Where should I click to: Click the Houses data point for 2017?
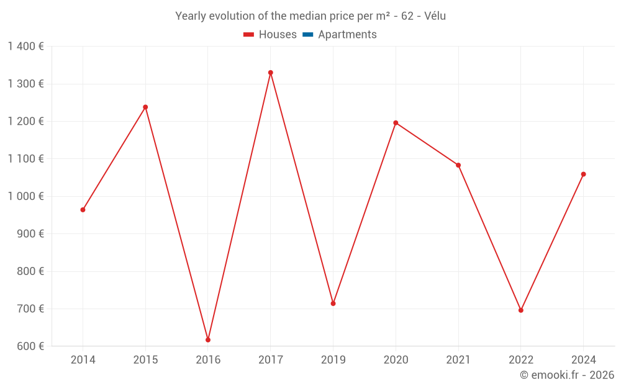click(x=271, y=73)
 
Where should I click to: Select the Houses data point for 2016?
click(x=208, y=340)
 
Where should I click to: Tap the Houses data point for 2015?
click(x=145, y=107)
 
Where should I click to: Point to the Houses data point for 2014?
click(x=83, y=210)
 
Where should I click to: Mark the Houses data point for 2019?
click(x=333, y=304)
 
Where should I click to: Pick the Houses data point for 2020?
click(x=396, y=123)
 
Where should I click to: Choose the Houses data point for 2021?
click(x=458, y=165)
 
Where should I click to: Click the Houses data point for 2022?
click(x=521, y=310)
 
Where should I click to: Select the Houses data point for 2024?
click(x=583, y=174)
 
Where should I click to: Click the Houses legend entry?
click(x=270, y=35)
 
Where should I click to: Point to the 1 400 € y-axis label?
click(x=25, y=47)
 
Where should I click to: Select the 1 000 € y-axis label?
click(x=25, y=196)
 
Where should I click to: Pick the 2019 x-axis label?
click(x=333, y=360)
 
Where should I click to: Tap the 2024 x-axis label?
click(x=583, y=360)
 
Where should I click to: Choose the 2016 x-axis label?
click(x=208, y=360)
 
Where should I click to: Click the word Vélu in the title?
click(x=434, y=16)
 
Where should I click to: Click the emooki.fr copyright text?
click(x=567, y=375)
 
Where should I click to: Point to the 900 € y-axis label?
click(x=30, y=234)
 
